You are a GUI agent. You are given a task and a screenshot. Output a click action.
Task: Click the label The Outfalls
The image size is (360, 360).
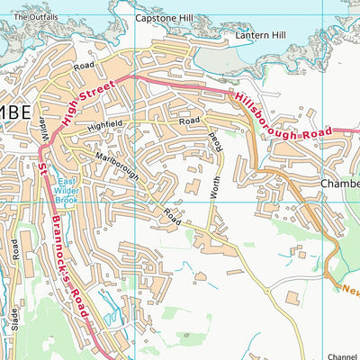click(36, 17)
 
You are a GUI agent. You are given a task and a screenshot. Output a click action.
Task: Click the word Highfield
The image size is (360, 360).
click(108, 127)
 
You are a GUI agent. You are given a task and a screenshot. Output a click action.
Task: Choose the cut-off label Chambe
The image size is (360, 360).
click(338, 184)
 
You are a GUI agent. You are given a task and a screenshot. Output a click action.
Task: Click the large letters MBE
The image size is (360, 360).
click(15, 113)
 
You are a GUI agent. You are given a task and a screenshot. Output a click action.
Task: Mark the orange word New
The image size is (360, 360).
click(349, 290)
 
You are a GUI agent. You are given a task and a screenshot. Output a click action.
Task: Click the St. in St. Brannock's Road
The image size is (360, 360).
click(42, 168)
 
